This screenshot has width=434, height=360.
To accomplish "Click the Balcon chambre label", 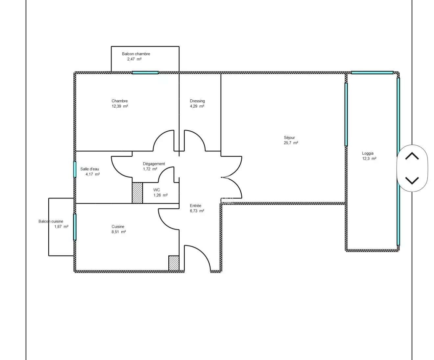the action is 136,54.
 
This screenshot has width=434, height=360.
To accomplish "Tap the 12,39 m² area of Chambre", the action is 120,106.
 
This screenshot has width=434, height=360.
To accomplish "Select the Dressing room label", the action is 197,101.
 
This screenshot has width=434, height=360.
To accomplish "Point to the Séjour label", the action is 289,138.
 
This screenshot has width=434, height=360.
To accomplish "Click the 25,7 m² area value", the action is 291,143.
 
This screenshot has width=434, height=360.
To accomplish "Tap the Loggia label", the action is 368,153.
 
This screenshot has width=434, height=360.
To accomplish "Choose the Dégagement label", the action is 154,164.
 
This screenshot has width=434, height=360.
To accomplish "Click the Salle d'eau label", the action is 89,169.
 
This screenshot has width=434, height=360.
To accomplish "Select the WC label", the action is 157,190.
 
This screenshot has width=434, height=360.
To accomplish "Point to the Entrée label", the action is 195,206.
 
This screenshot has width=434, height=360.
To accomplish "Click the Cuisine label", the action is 118,226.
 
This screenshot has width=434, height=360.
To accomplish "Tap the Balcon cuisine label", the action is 51,221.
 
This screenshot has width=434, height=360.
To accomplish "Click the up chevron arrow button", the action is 412,156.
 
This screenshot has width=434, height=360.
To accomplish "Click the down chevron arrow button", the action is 412,180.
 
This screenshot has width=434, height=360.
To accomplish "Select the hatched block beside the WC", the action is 137,193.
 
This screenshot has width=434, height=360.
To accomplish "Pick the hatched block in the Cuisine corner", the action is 174,263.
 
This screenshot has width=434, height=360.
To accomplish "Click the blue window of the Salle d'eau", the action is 75,169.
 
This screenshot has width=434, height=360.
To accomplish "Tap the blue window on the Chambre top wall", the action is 145,73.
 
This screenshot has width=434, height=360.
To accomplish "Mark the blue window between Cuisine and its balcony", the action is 75,227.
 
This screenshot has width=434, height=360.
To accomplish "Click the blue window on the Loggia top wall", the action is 372,73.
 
